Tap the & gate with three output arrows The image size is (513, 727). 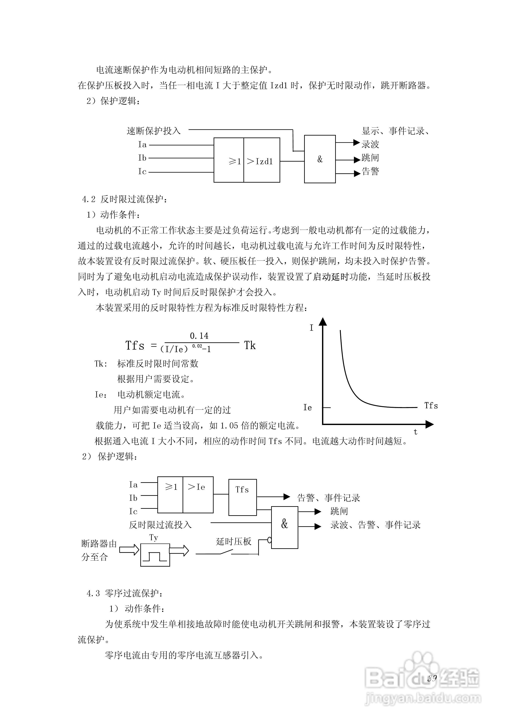(x=320, y=159)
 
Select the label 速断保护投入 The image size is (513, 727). (x=153, y=131)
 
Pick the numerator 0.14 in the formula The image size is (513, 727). (x=199, y=336)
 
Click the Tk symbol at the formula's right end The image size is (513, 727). (x=250, y=345)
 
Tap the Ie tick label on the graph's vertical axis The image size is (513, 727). (x=307, y=408)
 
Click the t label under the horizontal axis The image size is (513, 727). (x=415, y=432)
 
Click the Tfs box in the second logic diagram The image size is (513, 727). (x=242, y=497)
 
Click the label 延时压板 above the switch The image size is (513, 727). (x=233, y=541)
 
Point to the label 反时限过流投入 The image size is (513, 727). (x=160, y=525)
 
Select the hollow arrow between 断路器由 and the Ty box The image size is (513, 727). (x=129, y=550)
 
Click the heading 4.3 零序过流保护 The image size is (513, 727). (x=125, y=593)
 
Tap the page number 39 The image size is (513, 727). (x=432, y=678)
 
